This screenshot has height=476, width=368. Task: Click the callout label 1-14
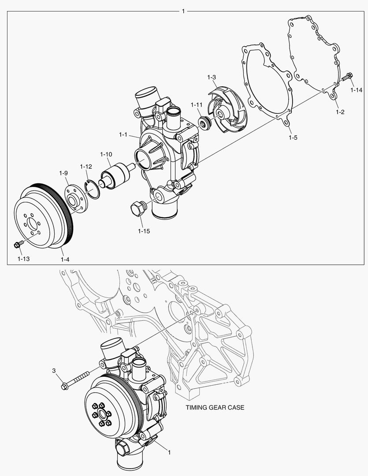[356, 90]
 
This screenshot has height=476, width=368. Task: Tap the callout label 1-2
[340, 112]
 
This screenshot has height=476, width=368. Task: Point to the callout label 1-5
[293, 138]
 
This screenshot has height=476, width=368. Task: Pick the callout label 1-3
[212, 77]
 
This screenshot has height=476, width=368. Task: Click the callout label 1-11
[197, 105]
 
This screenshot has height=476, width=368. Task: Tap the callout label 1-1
[123, 134]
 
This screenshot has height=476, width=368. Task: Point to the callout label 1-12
[86, 167]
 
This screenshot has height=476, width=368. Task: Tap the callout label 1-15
[144, 231]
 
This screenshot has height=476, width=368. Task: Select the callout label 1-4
[65, 259]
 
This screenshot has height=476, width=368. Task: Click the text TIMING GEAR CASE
[215, 408]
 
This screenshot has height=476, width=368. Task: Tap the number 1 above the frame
[184, 10]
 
